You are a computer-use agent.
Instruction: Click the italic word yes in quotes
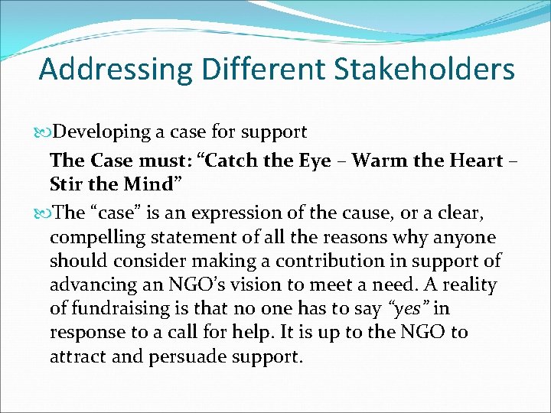click(409, 309)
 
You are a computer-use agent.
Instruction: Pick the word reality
click(468, 285)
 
